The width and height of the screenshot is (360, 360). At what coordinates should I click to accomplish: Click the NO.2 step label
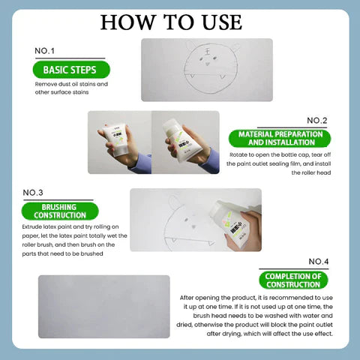[316, 120]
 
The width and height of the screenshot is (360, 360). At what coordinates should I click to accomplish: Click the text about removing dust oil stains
[71, 88]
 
